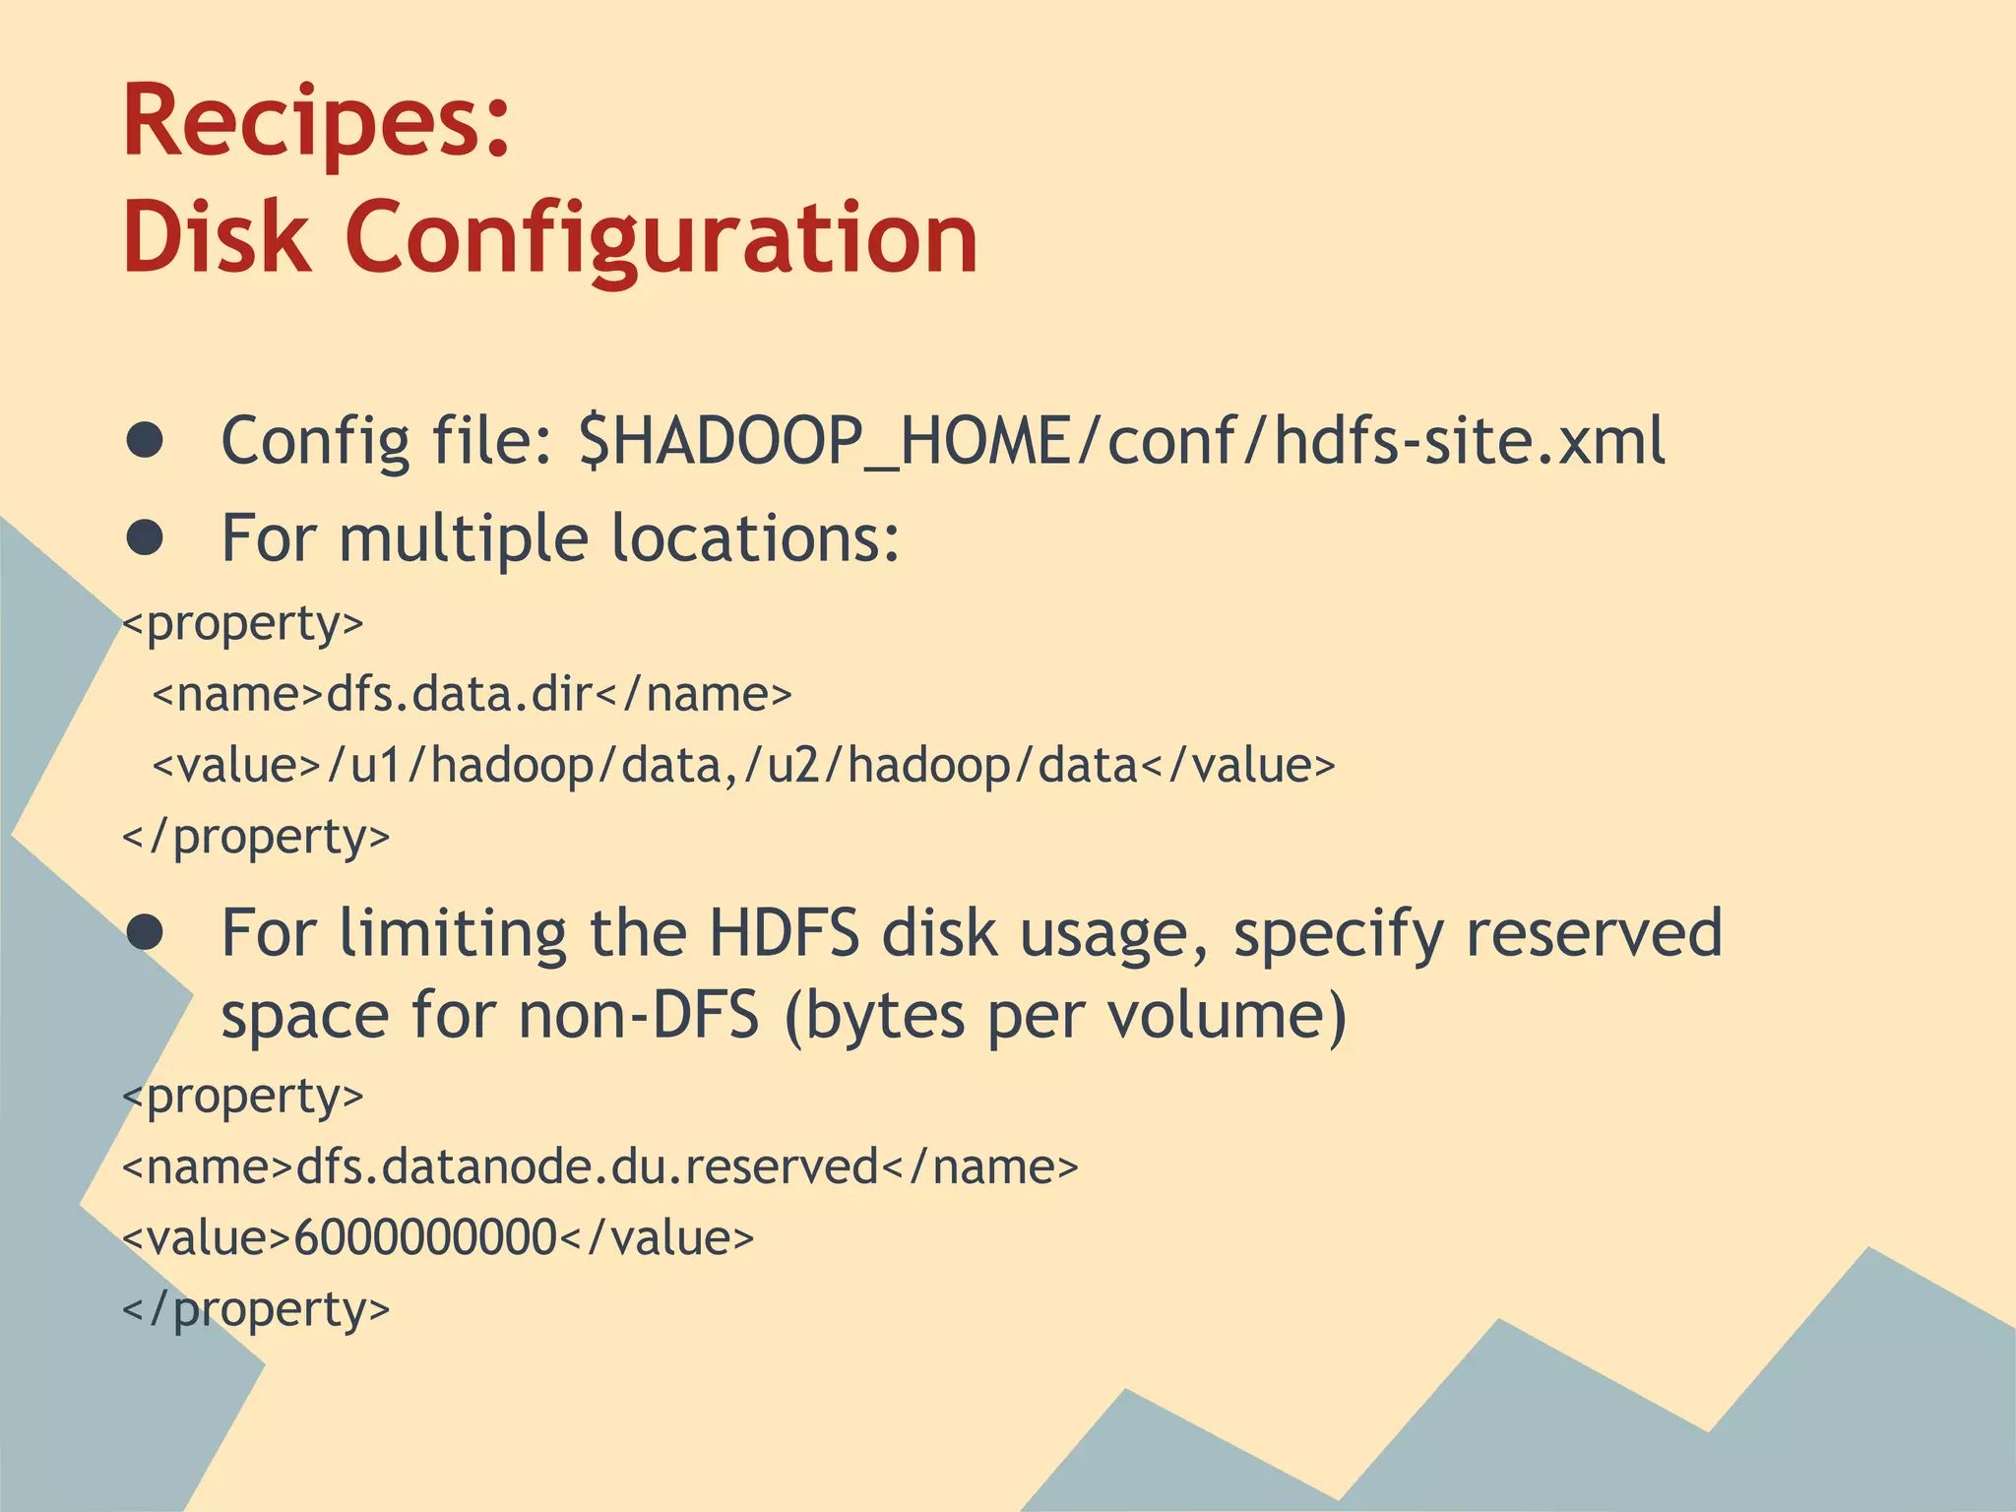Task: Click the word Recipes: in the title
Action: (x=316, y=123)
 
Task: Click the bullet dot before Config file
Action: (x=145, y=441)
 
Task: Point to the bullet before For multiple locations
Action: (x=145, y=537)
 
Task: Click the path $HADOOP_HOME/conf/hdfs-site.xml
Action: (x=1121, y=441)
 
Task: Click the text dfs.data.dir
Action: (x=460, y=694)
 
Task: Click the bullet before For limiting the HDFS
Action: (x=145, y=932)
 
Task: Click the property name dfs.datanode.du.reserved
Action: (x=587, y=1166)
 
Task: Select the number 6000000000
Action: (x=425, y=1237)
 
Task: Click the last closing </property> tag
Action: (x=256, y=1309)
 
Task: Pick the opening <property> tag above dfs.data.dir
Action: (x=243, y=623)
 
